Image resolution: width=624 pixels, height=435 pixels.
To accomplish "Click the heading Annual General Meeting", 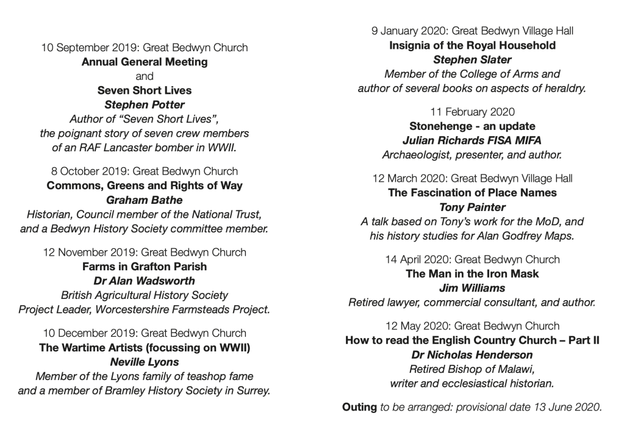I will [x=145, y=62].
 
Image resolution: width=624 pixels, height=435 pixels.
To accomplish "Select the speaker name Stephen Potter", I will [x=145, y=104].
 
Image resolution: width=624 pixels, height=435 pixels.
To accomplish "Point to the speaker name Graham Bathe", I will [x=145, y=200].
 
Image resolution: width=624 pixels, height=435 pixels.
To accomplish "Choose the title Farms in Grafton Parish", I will [x=145, y=267].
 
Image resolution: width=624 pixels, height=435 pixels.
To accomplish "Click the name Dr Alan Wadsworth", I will [x=145, y=281].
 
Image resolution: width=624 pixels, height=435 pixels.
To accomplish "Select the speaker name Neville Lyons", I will [x=145, y=362].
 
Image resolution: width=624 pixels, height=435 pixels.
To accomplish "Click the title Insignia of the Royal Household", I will [x=472, y=45].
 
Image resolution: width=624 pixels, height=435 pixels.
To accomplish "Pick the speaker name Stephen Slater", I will [x=472, y=60].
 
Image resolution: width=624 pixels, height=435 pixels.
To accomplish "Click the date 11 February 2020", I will [x=472, y=112].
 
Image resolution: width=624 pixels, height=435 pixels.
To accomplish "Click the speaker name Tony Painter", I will [x=472, y=207].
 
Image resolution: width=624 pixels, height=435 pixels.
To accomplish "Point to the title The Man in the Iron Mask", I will [x=472, y=274].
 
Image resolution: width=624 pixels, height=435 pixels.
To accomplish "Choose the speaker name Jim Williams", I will [x=472, y=288].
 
